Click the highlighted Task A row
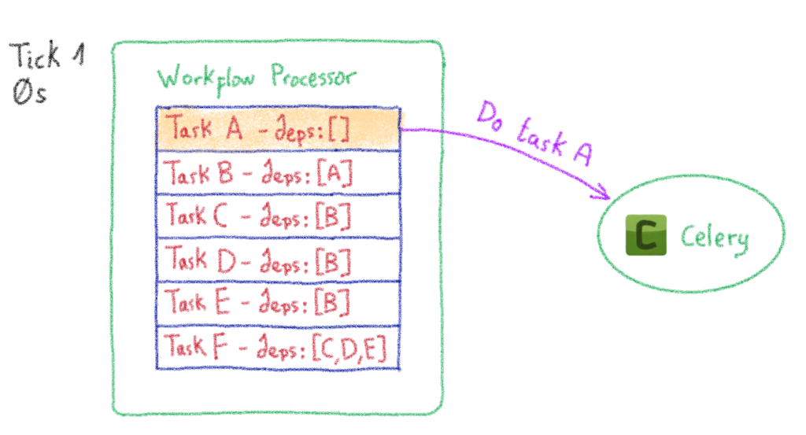point(279,128)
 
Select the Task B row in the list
point(279,173)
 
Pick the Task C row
point(279,216)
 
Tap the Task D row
point(279,259)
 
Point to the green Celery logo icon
point(645,234)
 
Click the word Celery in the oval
point(714,237)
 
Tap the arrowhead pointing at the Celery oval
point(604,192)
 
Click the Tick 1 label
point(46,57)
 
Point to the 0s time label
point(30,94)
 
